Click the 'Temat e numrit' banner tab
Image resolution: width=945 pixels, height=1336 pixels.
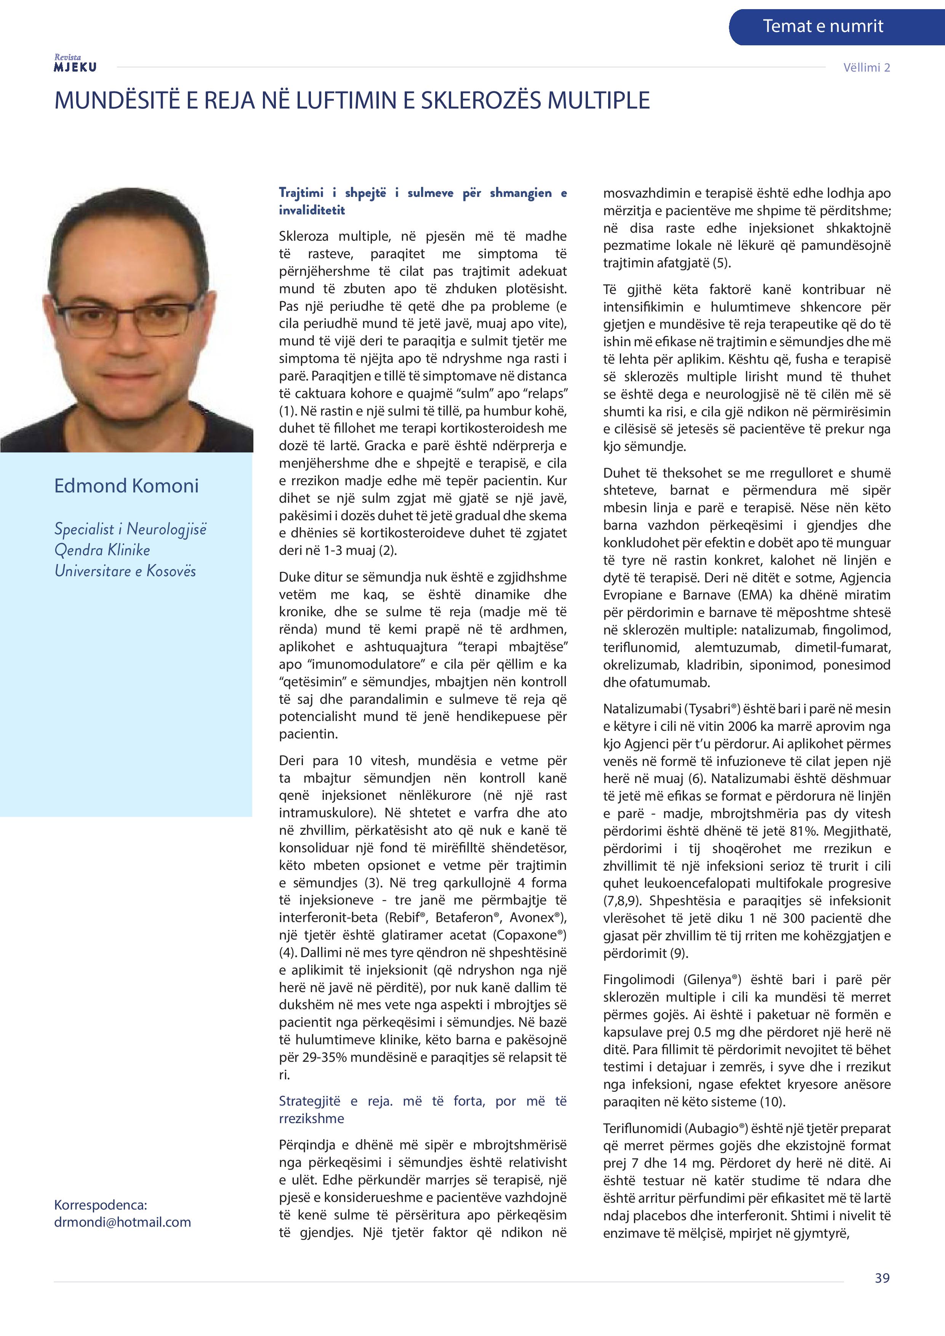tap(822, 26)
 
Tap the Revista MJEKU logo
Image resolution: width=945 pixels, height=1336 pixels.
tap(75, 63)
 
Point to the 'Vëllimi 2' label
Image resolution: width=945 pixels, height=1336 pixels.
tap(867, 67)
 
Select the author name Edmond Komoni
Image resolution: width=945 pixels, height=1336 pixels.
tap(127, 486)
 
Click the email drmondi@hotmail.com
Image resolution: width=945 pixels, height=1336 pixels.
tap(122, 1222)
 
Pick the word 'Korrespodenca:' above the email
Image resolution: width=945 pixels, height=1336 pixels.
tap(100, 1205)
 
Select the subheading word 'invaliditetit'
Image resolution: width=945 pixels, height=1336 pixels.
tap(311, 210)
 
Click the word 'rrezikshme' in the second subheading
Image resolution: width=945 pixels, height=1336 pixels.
tap(311, 1119)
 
